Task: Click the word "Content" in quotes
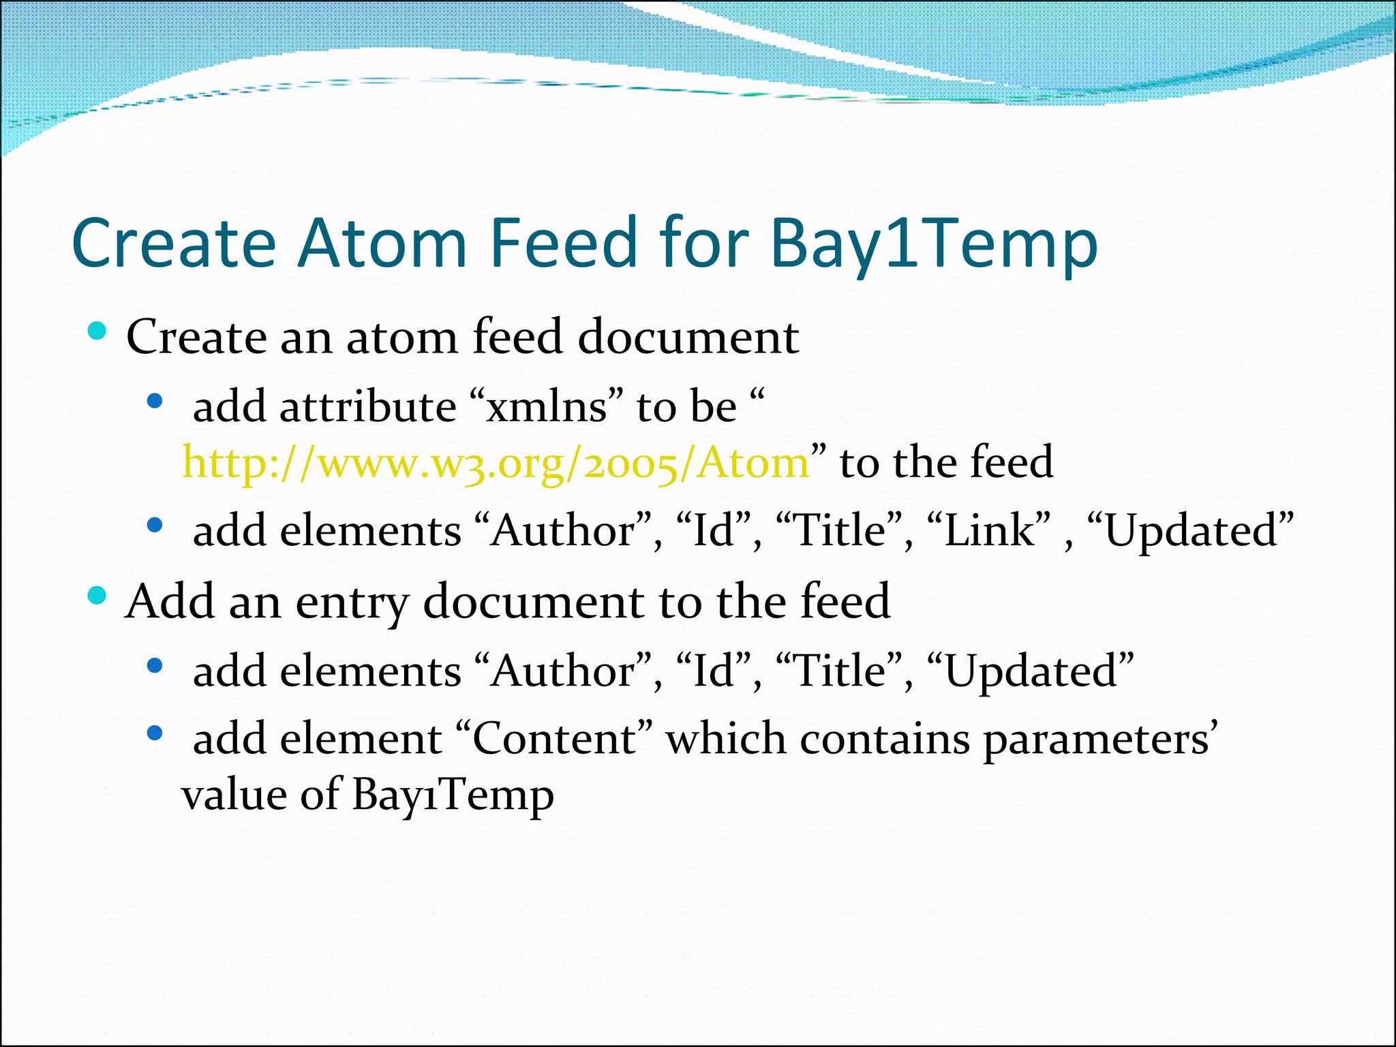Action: (x=552, y=739)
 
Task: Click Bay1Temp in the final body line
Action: (x=453, y=795)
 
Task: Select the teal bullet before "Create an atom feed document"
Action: (x=97, y=331)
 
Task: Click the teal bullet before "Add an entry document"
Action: (x=97, y=596)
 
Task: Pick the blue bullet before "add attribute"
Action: (x=155, y=401)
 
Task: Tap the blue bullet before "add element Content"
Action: (x=155, y=733)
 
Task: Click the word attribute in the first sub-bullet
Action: (x=368, y=408)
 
